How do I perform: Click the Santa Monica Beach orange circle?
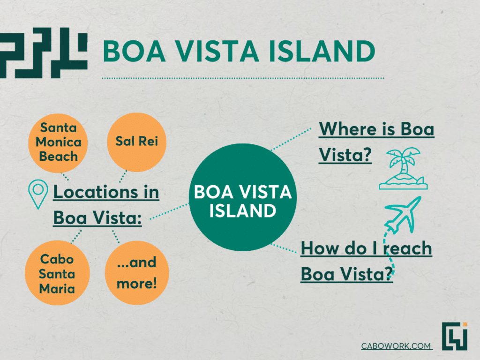coord(58,143)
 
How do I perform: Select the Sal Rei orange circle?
coord(136,142)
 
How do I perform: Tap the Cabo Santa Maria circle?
coord(57,273)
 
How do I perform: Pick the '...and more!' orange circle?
coord(137,273)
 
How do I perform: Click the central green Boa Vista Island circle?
coord(243,197)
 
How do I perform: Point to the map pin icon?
coord(38,194)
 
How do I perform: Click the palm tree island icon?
coord(403,168)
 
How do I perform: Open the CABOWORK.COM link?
coord(397,346)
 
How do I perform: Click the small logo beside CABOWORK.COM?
coord(455,336)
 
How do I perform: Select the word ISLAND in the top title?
coord(322,51)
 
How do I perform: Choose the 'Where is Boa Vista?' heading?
coord(376,142)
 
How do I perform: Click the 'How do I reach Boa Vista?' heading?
coord(366,261)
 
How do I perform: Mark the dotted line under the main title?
coord(243,78)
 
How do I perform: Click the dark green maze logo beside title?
coord(44,52)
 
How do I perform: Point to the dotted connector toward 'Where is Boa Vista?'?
coord(291,140)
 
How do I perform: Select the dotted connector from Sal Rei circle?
coord(123,177)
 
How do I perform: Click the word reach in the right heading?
coord(407,248)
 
